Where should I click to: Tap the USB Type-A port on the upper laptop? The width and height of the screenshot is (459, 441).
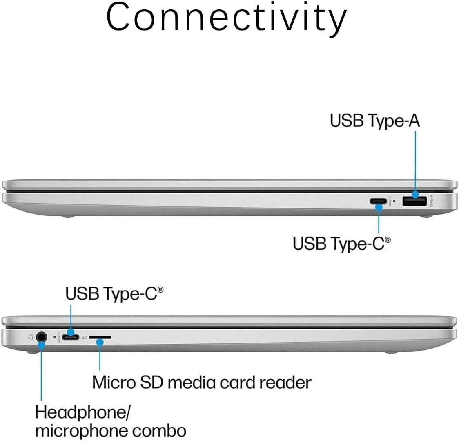coord(414,201)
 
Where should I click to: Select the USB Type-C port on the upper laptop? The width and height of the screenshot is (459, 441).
coord(379,201)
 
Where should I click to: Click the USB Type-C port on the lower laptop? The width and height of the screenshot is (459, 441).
coord(71,337)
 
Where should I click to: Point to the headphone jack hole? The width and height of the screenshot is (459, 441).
coord(41,337)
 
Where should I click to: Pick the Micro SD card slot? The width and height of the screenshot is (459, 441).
coord(100,337)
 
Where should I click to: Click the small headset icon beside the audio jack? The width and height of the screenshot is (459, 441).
coord(30,338)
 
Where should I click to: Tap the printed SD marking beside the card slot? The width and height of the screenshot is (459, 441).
coord(85,338)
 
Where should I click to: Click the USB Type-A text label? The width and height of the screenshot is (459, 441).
coord(374,121)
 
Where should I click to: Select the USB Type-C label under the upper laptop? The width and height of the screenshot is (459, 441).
coord(341,244)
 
